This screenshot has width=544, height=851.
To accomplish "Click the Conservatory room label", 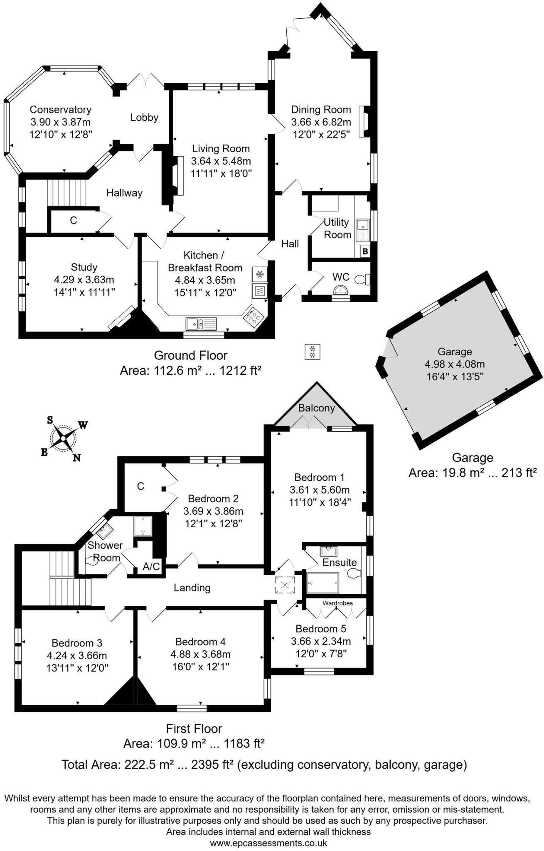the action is (x=60, y=110).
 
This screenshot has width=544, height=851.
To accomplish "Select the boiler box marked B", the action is (x=365, y=251).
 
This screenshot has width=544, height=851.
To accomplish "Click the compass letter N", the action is (x=76, y=457).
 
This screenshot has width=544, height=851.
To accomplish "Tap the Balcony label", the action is (x=316, y=408).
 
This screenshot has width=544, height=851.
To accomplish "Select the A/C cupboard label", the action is (x=151, y=566).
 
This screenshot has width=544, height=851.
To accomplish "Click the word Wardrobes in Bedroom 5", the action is (x=337, y=603).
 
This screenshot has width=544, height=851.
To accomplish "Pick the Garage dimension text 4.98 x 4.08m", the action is (x=455, y=364).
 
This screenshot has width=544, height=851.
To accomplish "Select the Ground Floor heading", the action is (x=191, y=356).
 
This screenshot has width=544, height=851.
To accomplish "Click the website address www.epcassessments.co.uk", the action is (x=268, y=843).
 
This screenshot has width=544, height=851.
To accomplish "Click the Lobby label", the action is (x=144, y=118).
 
